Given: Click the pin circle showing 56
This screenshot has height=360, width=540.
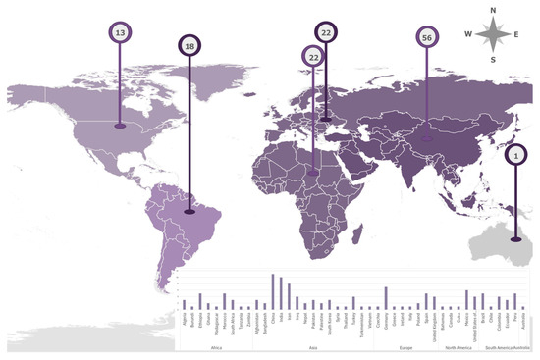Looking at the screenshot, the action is pyautogui.click(x=426, y=36).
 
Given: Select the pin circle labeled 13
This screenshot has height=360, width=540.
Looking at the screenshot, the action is pyautogui.click(x=120, y=33).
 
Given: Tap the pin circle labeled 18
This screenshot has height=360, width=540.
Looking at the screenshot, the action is pyautogui.click(x=189, y=46).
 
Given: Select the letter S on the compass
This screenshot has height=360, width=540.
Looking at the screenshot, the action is pyautogui.click(x=496, y=59).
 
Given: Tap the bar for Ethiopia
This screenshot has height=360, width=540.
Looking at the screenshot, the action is pyautogui.click(x=200, y=301).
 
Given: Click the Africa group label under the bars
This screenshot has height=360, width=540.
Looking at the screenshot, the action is pyautogui.click(x=216, y=347).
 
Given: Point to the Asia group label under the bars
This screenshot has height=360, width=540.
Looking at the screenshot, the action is pyautogui.click(x=312, y=347).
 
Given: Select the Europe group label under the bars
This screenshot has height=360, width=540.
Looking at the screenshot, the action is pyautogui.click(x=405, y=347).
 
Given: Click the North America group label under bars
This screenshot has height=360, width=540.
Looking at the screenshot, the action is pyautogui.click(x=459, y=347).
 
